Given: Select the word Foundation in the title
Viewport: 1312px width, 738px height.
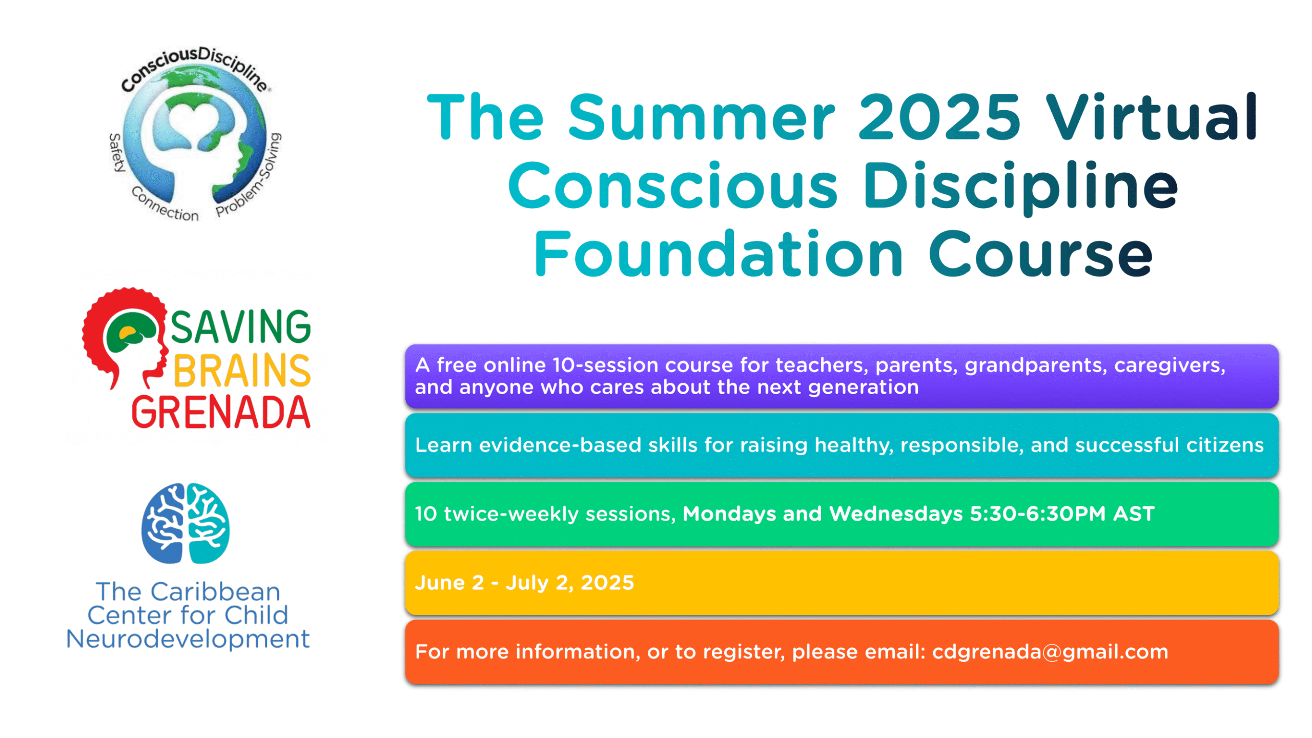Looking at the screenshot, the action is (718, 253).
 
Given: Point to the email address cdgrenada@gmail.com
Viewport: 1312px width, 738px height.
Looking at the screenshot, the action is (1050, 651).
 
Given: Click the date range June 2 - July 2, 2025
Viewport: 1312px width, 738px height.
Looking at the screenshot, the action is (524, 583).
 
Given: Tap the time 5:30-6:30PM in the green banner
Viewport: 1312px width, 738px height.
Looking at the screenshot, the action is (1038, 514).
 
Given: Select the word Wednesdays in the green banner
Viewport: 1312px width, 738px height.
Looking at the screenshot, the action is (896, 514).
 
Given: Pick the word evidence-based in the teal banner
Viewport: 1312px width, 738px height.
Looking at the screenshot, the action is (560, 445).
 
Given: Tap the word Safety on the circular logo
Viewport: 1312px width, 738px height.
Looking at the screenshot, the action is (117, 153).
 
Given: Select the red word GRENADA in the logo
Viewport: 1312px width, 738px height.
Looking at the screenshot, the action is (221, 412).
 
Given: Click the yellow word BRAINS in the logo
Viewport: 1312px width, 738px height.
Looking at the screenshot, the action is (242, 370).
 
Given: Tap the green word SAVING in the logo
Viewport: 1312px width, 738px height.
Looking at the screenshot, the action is (240, 326).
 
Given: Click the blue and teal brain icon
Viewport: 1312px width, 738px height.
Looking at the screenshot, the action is (186, 523).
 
